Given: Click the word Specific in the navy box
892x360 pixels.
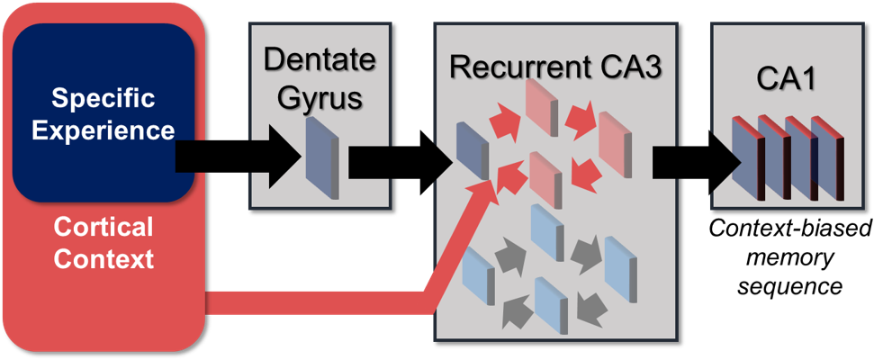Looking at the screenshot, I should [103, 97].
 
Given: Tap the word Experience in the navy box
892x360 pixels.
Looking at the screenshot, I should [103, 130].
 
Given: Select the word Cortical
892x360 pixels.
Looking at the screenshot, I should [103, 226].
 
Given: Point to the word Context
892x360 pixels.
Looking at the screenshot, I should [103, 260].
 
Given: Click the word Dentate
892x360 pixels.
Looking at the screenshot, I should [319, 60].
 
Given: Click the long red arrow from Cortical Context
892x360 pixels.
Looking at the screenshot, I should [360, 302].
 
